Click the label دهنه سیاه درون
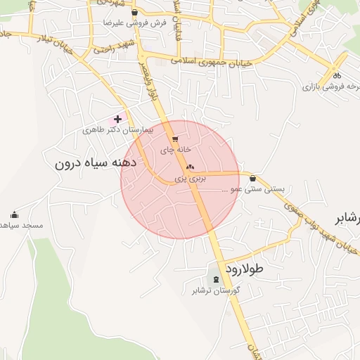pyautogui.click(x=98, y=163)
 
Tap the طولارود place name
pyautogui.click(x=243, y=269)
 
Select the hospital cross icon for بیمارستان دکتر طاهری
pyautogui.click(x=117, y=120)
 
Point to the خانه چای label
pyautogui.click(x=176, y=150)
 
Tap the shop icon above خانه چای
pyautogui.click(x=175, y=139)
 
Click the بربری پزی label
pyautogui.click(x=191, y=179)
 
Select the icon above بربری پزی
pyautogui.click(x=190, y=168)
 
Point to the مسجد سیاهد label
pyautogui.click(x=21, y=226)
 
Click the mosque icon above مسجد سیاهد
pyautogui.click(x=15, y=215)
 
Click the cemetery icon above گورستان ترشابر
pyautogui.click(x=216, y=280)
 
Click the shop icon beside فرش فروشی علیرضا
pyautogui.click(x=134, y=12)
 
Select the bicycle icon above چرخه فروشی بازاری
pyautogui.click(x=337, y=76)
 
